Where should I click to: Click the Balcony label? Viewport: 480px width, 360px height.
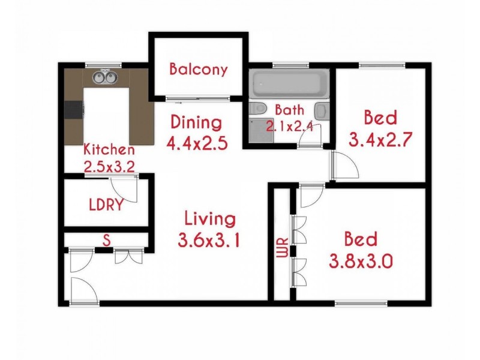(199, 69)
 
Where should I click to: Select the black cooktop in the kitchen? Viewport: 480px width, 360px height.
(74, 110)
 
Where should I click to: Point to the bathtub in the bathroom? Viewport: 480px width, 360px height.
(290, 85)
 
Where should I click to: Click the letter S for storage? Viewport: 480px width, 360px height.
(106, 241)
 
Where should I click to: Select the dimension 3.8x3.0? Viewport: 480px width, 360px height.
(361, 262)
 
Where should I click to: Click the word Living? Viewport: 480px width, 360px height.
(210, 218)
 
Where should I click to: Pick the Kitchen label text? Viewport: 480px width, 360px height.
(109, 149)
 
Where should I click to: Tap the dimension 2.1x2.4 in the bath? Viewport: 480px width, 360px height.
(290, 126)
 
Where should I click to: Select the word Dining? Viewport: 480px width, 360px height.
(196, 123)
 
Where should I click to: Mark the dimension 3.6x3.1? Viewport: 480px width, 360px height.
(210, 241)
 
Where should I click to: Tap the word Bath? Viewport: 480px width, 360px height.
(290, 110)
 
